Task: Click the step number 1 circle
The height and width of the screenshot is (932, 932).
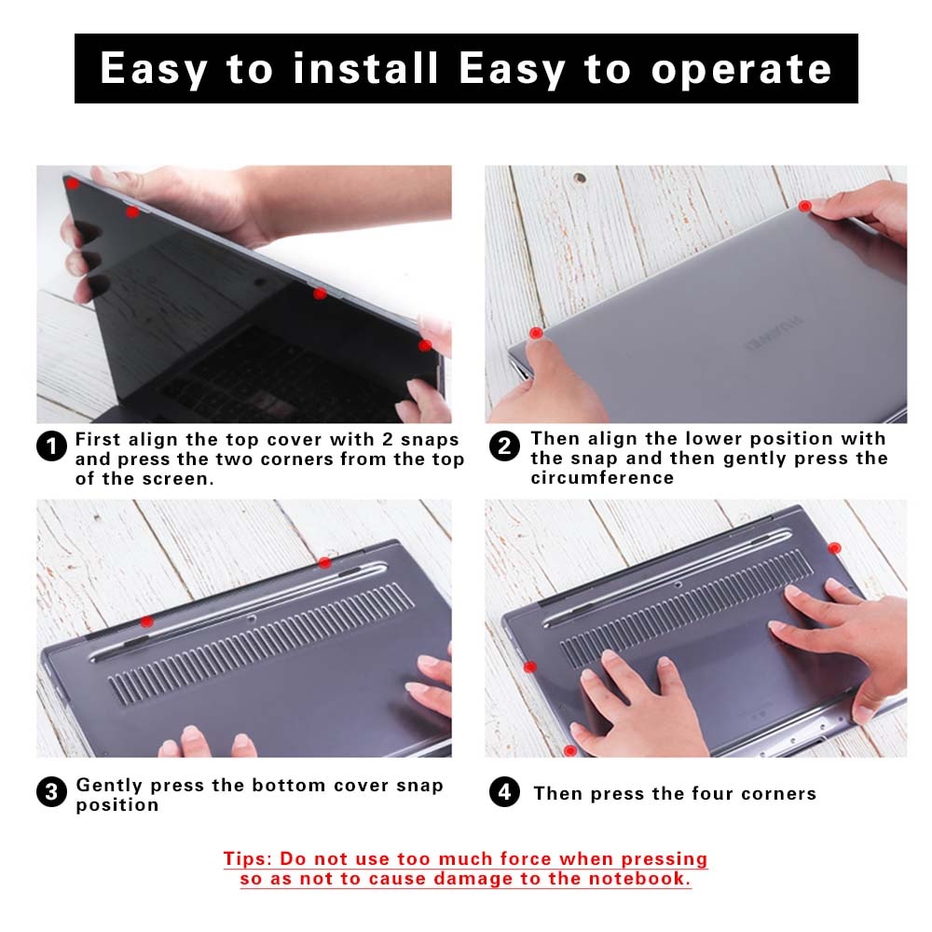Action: [51, 446]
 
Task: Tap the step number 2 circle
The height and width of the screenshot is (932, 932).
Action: [504, 446]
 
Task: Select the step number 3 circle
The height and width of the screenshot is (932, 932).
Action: [51, 793]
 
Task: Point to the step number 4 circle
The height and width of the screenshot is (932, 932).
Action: [504, 793]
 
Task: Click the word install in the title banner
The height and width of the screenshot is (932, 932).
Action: [365, 69]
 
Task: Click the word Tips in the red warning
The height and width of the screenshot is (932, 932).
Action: [247, 858]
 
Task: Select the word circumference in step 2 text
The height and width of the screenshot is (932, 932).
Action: [602, 478]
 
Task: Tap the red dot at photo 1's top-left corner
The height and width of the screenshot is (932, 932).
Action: [72, 184]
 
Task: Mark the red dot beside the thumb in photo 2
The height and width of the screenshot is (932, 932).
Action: [536, 333]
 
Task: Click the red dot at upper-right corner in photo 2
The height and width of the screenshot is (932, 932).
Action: [805, 204]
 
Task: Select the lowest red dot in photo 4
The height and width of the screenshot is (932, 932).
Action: [569, 750]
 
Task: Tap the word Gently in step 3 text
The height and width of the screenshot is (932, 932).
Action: [108, 785]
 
